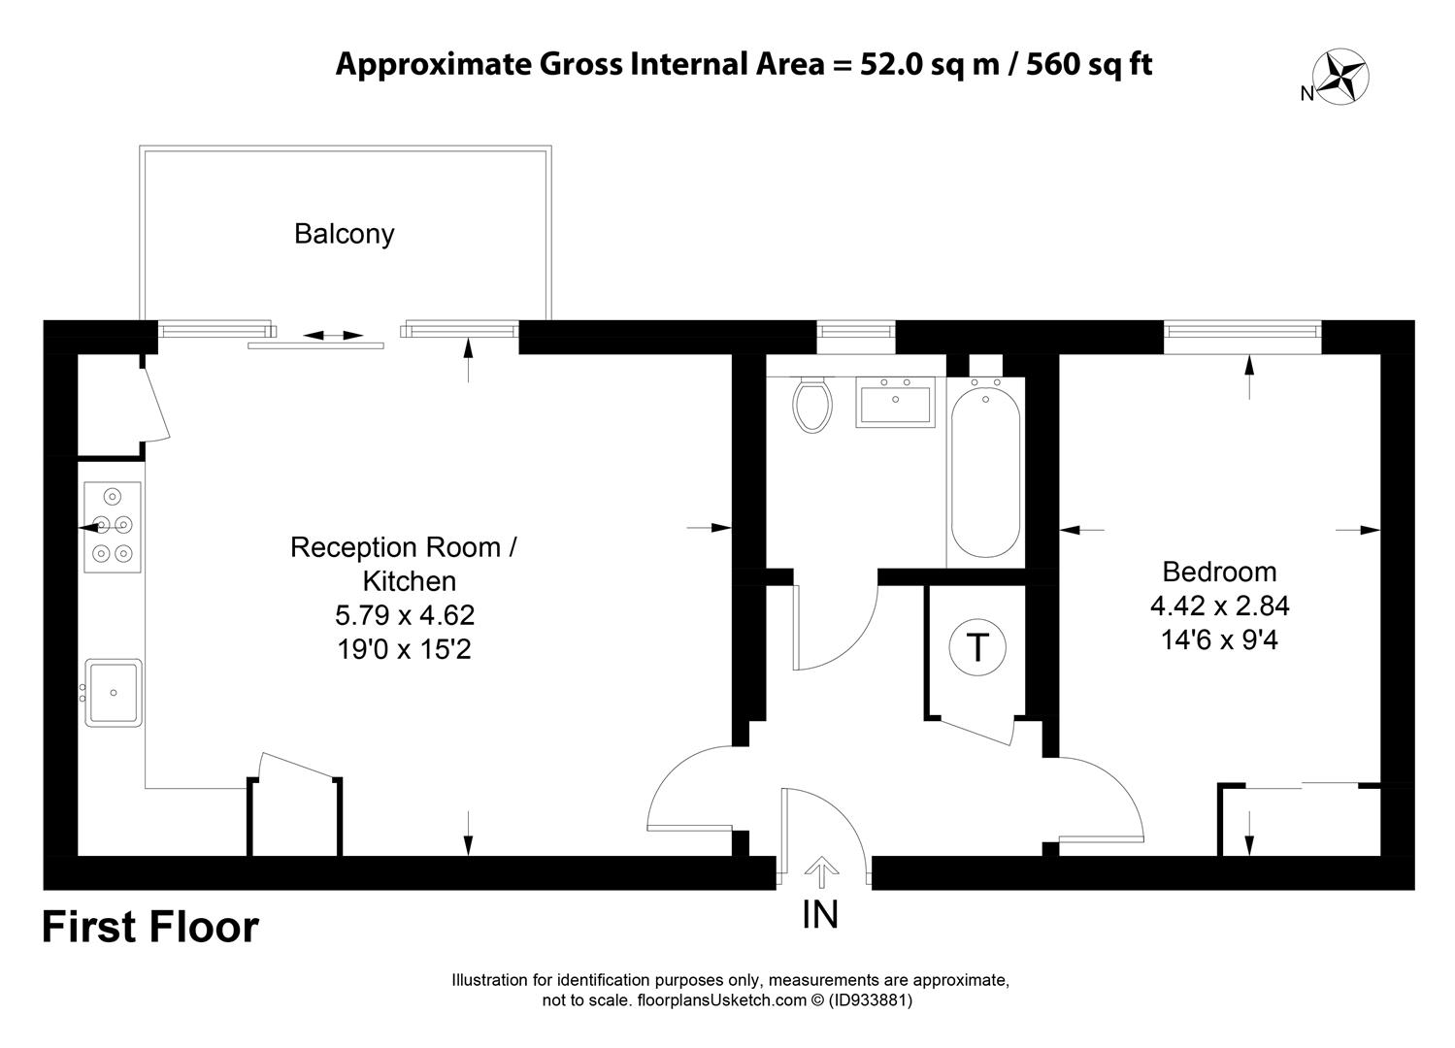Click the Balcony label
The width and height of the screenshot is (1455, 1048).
point(345,235)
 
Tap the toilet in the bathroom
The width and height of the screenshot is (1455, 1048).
point(811,404)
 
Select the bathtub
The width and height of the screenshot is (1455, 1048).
point(985,472)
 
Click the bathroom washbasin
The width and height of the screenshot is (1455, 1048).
point(895,402)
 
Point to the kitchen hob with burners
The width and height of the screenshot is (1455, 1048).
point(113,527)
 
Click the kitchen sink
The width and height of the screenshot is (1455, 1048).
point(113,692)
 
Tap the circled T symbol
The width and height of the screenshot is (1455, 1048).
point(977,646)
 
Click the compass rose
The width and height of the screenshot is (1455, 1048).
point(1340,76)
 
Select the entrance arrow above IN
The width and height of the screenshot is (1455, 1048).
point(821,872)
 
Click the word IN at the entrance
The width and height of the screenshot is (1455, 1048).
point(820,914)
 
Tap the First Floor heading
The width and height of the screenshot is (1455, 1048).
point(150,927)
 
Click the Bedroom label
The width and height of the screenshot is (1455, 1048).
point(1219,573)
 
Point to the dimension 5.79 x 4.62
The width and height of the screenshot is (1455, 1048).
point(405,615)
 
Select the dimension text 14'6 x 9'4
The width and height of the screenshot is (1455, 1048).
point(1219,640)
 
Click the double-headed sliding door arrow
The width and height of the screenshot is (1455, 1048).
point(333,336)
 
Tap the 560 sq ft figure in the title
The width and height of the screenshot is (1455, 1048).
point(1089,64)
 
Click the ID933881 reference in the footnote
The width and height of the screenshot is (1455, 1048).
point(870,999)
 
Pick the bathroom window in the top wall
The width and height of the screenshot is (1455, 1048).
point(855,331)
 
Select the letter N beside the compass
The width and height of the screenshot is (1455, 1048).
point(1306,94)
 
